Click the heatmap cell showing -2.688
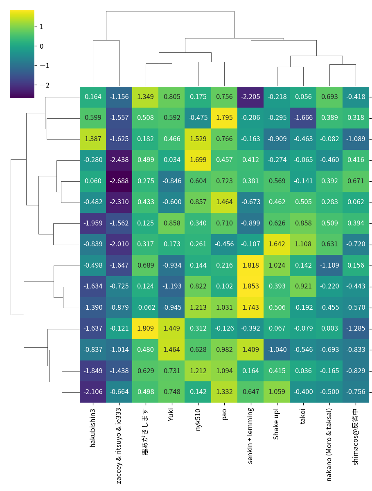119,181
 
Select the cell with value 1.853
250,286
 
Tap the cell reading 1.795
224,118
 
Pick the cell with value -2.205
250,97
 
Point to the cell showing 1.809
145,328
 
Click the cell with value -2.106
93,392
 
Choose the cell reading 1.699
198,160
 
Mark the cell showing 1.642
277,244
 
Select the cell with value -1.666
303,118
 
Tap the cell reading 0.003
329,328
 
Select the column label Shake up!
277,423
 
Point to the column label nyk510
198,419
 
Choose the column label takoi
303,417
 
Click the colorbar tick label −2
42,85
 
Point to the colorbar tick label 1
41,27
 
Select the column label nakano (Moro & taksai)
329,444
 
